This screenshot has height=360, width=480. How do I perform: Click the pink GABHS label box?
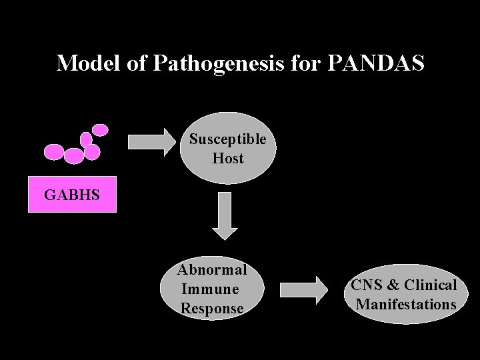coord(72,195)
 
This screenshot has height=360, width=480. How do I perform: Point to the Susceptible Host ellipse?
coord(227,148)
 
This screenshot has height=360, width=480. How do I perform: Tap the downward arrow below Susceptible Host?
coord(225,215)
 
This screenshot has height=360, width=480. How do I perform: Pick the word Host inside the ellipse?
coord(228,159)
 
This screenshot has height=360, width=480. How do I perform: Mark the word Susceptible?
coord(227,139)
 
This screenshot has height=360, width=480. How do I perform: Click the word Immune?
coord(210,289)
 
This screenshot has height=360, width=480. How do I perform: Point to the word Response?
coord(212,309)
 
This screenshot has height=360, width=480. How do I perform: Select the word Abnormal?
coord(212,270)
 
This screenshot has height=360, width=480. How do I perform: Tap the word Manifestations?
coord(405,305)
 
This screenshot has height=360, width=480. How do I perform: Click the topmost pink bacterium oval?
coord(100,130)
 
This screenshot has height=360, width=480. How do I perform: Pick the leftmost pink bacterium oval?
coord(54,152)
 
